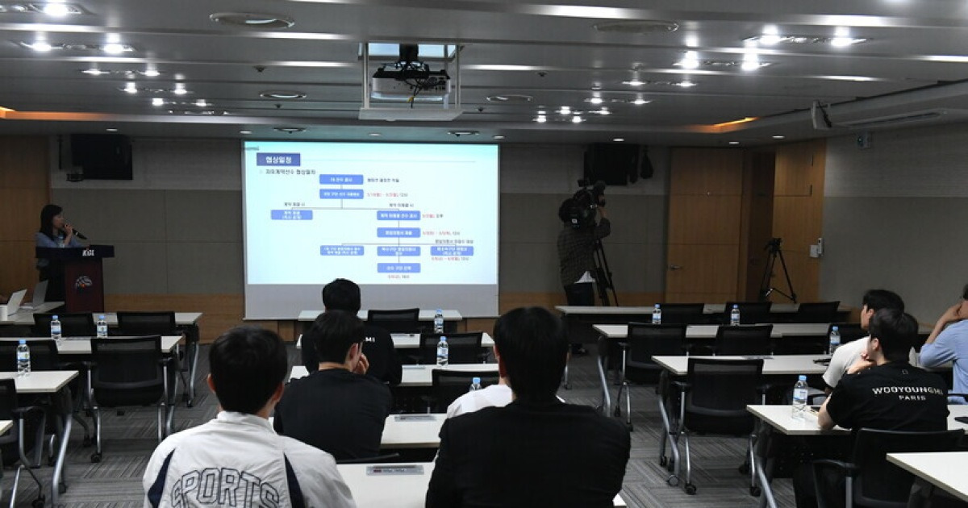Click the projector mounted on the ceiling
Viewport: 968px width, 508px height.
[410, 81]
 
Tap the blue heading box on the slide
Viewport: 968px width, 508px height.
[278, 159]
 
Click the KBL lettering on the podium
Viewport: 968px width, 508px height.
[87, 252]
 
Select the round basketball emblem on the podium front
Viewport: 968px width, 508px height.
[84, 282]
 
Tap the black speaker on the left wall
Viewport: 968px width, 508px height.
[100, 156]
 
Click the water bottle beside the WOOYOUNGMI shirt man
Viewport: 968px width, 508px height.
[799, 396]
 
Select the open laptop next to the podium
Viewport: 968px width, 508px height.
[16, 301]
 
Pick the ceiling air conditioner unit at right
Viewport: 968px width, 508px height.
[887, 113]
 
